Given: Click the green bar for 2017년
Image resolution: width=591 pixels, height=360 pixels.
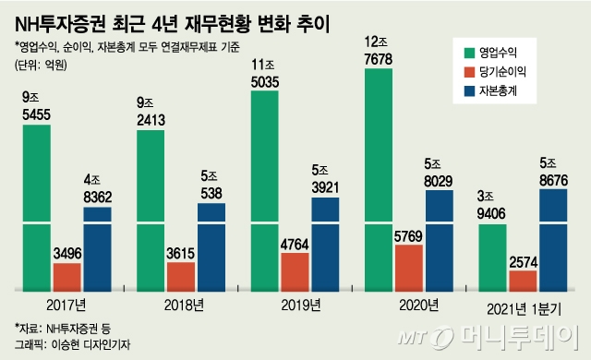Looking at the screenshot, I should (x=36, y=208).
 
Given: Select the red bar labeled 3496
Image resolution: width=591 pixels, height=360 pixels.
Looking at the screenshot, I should (x=66, y=276).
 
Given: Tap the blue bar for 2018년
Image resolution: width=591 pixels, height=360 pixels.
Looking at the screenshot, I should (x=211, y=246).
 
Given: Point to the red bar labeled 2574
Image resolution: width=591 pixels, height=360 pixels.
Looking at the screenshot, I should (x=524, y=281).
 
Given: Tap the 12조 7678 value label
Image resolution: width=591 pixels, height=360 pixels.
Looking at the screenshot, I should (x=380, y=52).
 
